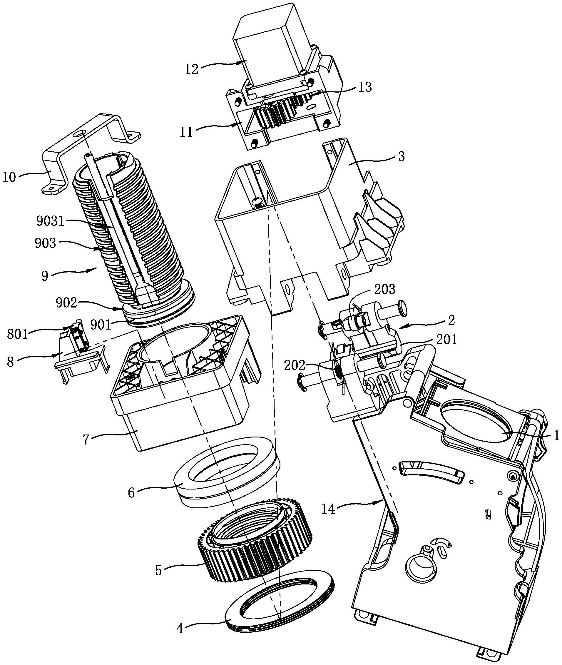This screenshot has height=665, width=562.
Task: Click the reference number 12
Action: pyautogui.click(x=192, y=69)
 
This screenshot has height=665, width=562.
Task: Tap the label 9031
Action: pyautogui.click(x=50, y=221)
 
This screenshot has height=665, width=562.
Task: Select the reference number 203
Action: pyautogui.click(x=385, y=290)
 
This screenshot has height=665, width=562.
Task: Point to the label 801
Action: pyautogui.click(x=18, y=335)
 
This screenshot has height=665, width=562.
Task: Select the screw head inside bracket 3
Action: pyautogui.click(x=257, y=201)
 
